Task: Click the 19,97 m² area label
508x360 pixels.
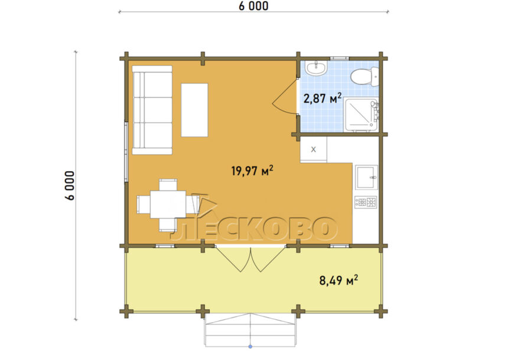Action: (252, 171)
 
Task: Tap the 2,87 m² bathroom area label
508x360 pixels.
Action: (323, 98)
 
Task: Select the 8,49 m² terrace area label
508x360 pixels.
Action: (338, 280)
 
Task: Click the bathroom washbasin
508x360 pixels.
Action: (317, 68)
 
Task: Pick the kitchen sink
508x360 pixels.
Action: (366, 178)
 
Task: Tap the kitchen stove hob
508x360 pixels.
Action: (366, 202)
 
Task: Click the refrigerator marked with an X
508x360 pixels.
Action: (313, 149)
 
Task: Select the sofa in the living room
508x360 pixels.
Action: (152, 110)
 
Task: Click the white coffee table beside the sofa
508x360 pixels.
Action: (194, 110)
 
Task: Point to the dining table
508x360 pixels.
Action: (168, 204)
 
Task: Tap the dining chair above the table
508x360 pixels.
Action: (168, 185)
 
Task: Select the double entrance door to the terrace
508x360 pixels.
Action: (250, 258)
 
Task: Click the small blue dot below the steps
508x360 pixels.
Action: (250, 347)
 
